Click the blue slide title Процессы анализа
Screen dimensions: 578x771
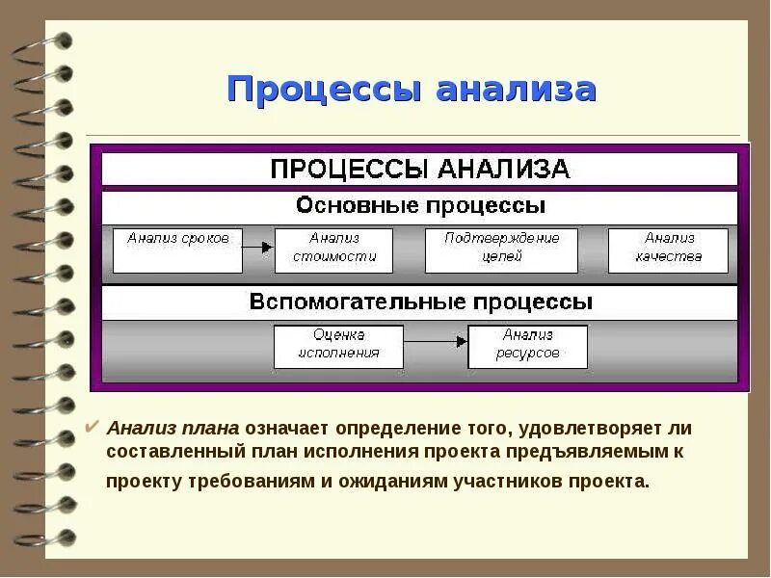[x=412, y=90]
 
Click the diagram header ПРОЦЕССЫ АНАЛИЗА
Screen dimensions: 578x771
[x=419, y=170]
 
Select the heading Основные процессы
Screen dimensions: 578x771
[x=420, y=206]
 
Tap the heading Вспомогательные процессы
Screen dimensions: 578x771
[x=420, y=302]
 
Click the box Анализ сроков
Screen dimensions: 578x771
[x=177, y=250]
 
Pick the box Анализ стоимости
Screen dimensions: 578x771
[x=333, y=250]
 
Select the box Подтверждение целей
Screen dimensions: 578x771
[x=501, y=250]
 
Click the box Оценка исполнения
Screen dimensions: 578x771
[x=338, y=345]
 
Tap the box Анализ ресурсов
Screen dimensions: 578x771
[x=527, y=345]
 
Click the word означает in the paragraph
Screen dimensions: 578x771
[x=286, y=428]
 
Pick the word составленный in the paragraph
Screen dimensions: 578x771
[x=163, y=452]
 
